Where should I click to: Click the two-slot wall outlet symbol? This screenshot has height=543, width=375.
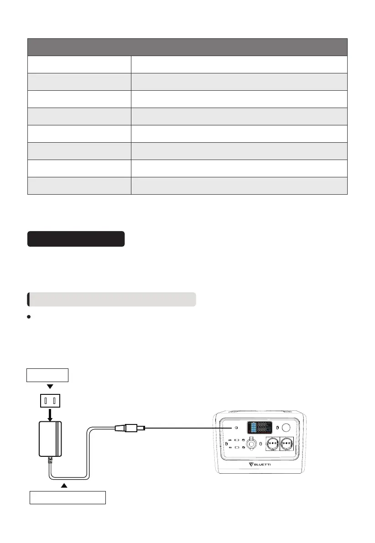[50, 401]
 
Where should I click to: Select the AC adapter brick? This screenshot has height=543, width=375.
[50, 439]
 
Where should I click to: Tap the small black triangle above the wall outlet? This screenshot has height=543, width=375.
[50, 386]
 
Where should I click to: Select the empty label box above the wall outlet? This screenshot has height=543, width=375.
[47, 375]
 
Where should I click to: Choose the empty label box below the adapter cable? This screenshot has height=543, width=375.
[68, 497]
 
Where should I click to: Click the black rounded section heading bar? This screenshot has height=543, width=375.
[76, 239]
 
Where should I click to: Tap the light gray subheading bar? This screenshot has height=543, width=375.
[112, 299]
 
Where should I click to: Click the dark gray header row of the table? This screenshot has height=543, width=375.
[187, 47]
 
